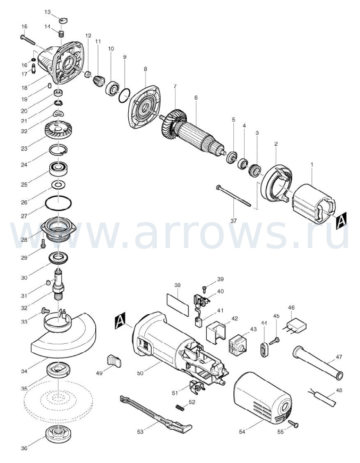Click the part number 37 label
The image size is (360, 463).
coord(234,221)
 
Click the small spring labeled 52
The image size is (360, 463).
coord(180,408)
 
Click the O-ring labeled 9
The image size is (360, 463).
coord(124,95)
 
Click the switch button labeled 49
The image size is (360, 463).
coord(113,361)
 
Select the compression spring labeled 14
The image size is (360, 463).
coord(61,34)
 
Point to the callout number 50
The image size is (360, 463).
coord(140,373)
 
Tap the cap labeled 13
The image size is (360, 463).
coord(63,21)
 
